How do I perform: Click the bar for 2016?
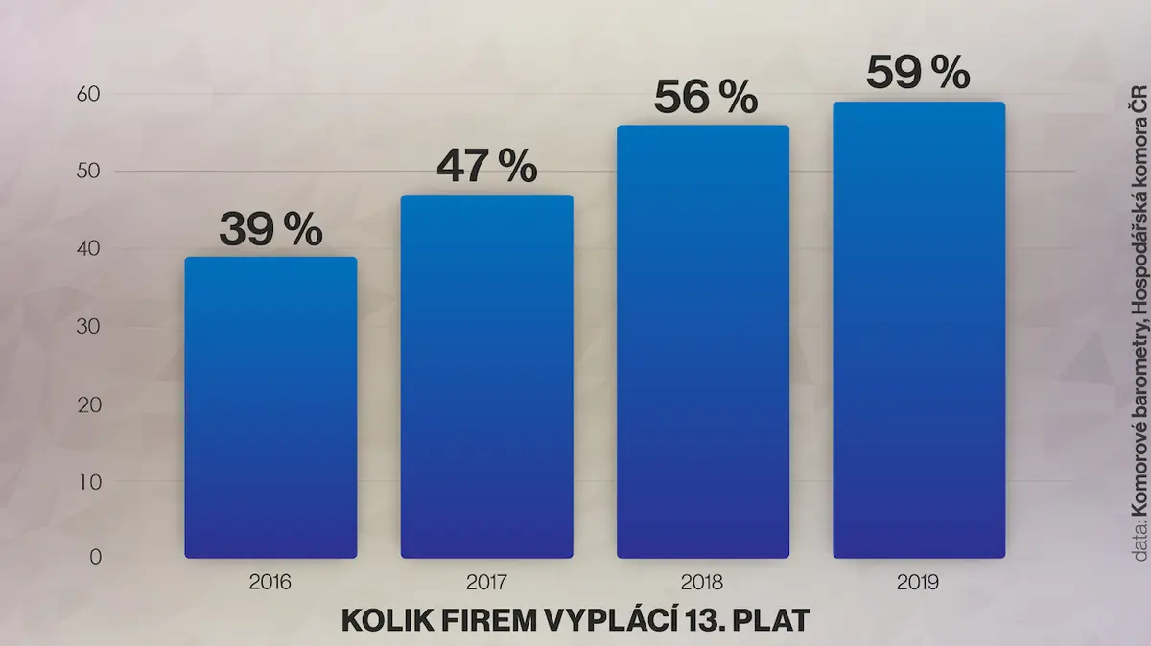[270, 407]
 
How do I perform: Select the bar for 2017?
[486, 377]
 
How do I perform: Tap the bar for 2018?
[703, 341]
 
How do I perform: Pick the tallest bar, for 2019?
[919, 330]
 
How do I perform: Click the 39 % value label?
[270, 228]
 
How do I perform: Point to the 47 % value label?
[486, 166]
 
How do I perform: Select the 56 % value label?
[706, 96]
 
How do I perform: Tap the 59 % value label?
[918, 73]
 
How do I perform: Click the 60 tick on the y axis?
[88, 94]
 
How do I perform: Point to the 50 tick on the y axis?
[88, 171]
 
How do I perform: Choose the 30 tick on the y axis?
[88, 326]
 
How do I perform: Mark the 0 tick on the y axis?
[96, 557]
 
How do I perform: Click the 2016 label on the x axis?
[270, 583]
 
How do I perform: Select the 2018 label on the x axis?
[702, 583]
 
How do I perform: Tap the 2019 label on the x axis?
[918, 583]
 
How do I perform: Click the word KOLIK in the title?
[388, 620]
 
